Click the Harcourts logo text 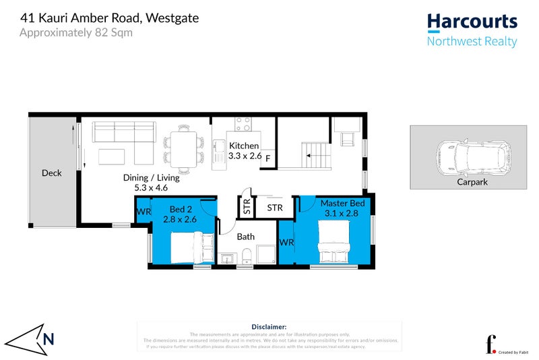472,22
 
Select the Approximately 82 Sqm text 75,32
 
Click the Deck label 51,173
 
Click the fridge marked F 268,158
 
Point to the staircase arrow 311,156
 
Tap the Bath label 245,237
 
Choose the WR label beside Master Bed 286,242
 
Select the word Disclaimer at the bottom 269,326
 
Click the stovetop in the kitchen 243,124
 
